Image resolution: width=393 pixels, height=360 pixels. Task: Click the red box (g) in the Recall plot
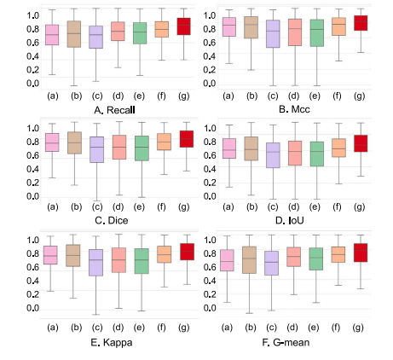coord(183,26)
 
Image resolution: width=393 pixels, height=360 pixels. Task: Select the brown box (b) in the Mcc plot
coord(251,27)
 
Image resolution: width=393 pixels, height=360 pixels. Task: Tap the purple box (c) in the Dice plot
coord(96,149)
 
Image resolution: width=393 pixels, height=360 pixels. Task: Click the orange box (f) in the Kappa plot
coord(165,254)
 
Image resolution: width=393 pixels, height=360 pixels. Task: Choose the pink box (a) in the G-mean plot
coord(227,260)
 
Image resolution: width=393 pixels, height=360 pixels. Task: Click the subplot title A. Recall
coord(114,110)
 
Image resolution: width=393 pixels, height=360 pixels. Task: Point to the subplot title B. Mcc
coord(294,109)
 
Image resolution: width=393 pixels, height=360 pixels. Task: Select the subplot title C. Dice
coord(111,220)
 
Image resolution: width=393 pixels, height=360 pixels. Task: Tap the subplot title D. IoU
coord(290,220)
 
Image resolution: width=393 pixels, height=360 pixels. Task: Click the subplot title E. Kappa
coord(112,342)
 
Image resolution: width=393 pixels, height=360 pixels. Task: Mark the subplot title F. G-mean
coord(286,342)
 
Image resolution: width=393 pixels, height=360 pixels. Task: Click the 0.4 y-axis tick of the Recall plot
coord(32,56)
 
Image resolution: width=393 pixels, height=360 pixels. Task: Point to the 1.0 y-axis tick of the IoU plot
coord(210,128)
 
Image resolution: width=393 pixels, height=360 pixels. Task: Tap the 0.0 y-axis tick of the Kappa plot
coord(32,308)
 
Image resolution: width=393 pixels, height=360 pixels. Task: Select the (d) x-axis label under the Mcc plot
coord(294,96)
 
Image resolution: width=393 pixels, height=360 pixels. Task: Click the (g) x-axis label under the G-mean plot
coord(358,328)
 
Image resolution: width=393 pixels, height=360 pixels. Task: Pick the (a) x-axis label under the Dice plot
coord(53,206)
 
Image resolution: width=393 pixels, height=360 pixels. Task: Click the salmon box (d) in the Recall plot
coord(118,32)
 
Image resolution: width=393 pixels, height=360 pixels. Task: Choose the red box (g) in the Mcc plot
coord(361,23)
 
